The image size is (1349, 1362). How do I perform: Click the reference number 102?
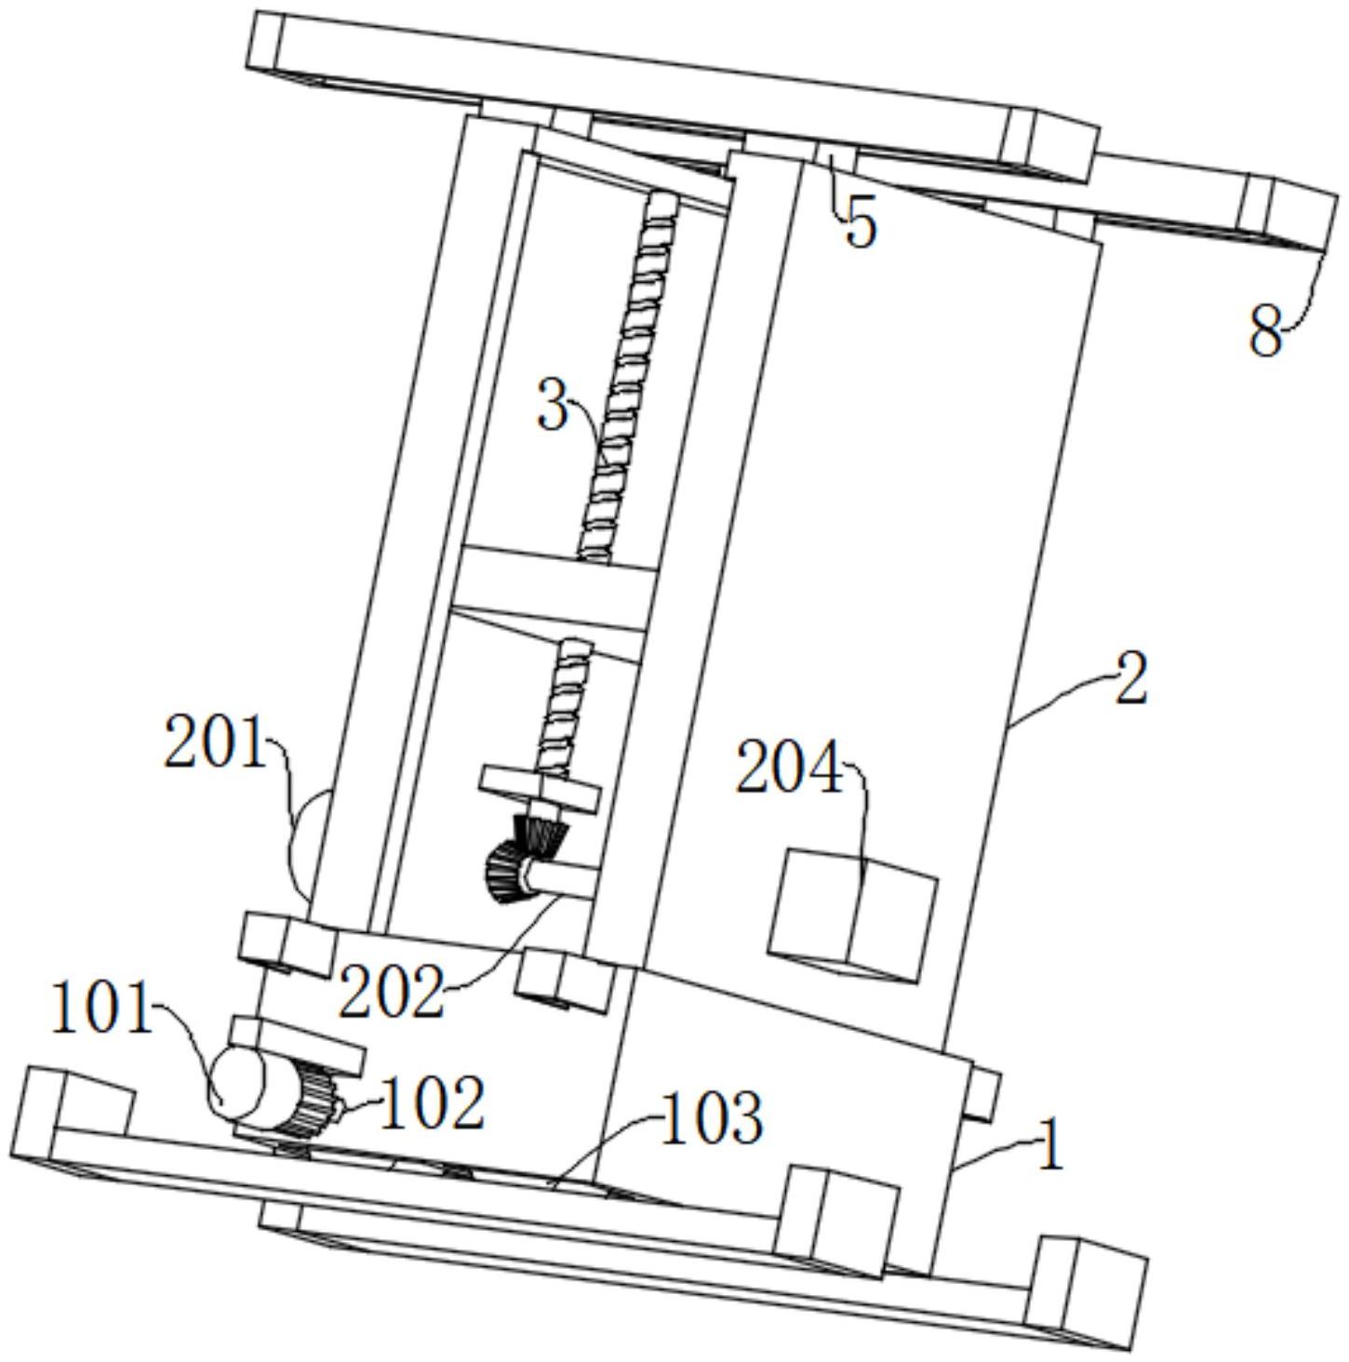pos(433,1102)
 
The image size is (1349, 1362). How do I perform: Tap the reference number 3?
pos(553,403)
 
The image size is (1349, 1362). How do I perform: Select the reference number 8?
pos(1265,333)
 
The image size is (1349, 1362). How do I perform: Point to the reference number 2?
pos(1130,678)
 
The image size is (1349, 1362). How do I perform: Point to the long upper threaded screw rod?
pos(627,378)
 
